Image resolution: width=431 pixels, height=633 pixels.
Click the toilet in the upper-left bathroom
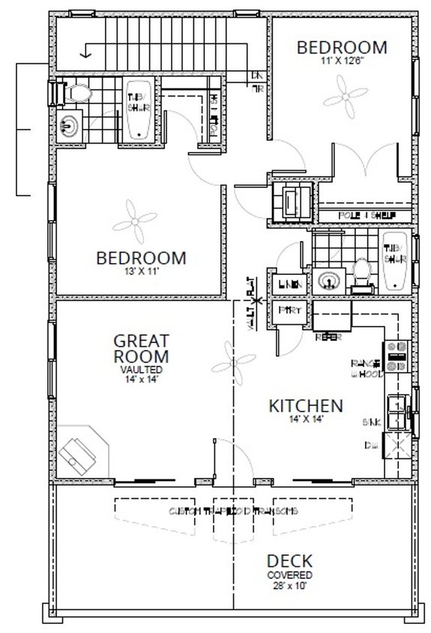[76, 94]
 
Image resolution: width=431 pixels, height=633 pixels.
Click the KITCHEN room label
[306, 405]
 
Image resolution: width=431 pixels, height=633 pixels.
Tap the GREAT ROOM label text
[140, 348]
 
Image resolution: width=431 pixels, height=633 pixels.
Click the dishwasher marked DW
[395, 447]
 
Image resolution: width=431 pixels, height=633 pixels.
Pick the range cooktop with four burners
[396, 355]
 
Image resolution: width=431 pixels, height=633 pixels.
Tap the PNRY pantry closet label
[286, 309]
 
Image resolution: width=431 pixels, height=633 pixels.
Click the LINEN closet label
[291, 284]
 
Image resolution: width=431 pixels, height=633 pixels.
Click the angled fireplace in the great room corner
[81, 450]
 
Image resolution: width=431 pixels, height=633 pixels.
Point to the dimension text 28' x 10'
[288, 585]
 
